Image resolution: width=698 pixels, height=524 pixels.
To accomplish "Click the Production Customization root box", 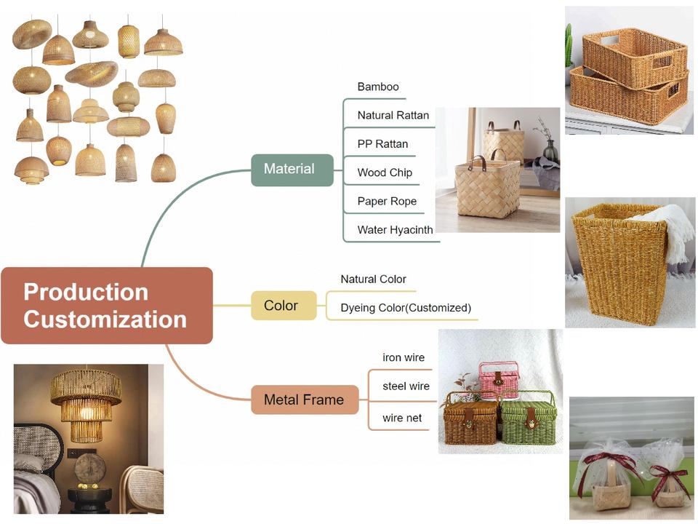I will [x=107, y=306].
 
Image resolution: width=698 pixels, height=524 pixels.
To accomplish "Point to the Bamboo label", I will [x=378, y=87].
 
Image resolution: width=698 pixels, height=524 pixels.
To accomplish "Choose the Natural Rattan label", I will [x=393, y=116].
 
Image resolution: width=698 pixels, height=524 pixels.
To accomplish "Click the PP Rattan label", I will [x=382, y=144].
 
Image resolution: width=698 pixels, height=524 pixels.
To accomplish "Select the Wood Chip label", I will [x=385, y=172].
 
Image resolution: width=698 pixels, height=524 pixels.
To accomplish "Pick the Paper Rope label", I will [x=387, y=202].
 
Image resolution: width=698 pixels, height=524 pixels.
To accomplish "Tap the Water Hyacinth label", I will [x=395, y=230].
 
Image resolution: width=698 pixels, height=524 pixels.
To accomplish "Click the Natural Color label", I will [x=373, y=279].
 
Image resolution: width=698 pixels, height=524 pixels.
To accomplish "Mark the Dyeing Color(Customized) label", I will [x=406, y=308].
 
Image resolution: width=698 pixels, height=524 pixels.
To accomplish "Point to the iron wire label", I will [x=404, y=358].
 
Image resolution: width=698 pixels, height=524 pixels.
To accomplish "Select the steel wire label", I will [x=406, y=386].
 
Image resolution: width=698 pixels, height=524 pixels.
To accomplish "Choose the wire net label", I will [x=402, y=418].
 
